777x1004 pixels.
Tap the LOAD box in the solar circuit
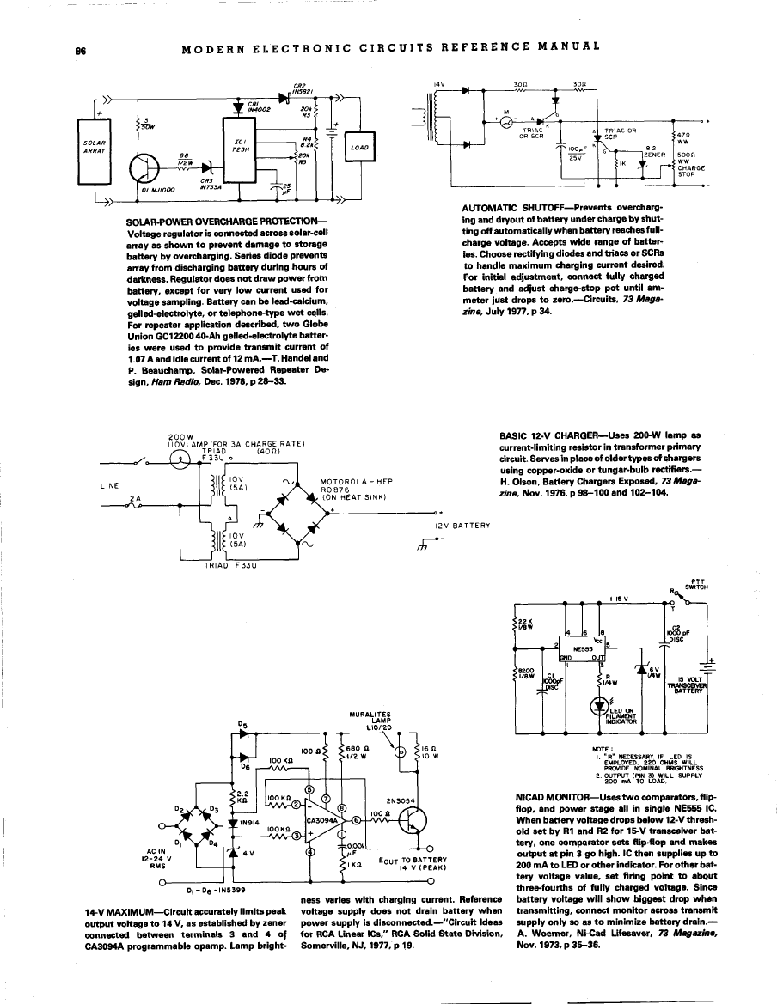pyautogui.click(x=359, y=147)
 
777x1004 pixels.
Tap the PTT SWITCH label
pyautogui.click(x=690, y=584)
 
